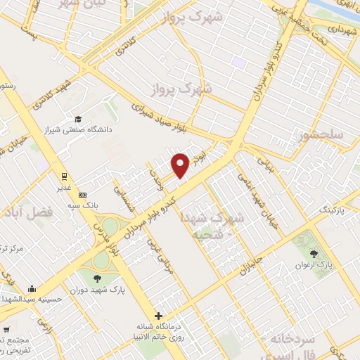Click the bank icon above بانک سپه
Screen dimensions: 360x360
pyautogui.click(x=83, y=194)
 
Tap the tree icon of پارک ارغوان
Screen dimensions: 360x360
pyautogui.click(x=314, y=253)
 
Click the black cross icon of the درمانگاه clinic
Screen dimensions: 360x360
pyautogui.click(x=159, y=316)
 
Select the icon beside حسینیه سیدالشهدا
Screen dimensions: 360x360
pyautogui.click(x=32, y=288)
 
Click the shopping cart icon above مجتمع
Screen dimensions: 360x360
pyautogui.click(x=6, y=329)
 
